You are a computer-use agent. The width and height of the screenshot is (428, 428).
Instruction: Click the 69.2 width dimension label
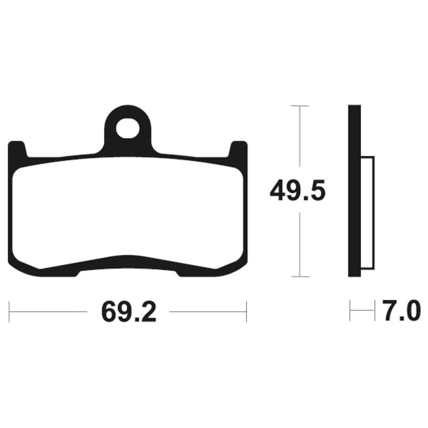pyautogui.click(x=129, y=312)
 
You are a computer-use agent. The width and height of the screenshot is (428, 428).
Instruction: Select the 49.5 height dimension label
pyautogui.click(x=297, y=190)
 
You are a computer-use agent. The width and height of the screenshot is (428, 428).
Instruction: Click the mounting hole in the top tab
pyautogui.click(x=127, y=128)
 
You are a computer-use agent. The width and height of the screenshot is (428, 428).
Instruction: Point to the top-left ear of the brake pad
pyautogui.click(x=18, y=149)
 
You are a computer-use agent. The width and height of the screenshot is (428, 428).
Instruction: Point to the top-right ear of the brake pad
pyautogui.click(x=238, y=149)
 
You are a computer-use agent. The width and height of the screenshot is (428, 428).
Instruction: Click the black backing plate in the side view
pyautogui.click(x=355, y=191)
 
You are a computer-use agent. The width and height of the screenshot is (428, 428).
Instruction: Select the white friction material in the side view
pyautogui.click(x=368, y=213)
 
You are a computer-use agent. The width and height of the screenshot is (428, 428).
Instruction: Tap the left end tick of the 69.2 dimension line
pyautogui.click(x=9, y=311)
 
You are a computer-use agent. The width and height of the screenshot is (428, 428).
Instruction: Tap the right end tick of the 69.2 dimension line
pyautogui.click(x=247, y=311)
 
